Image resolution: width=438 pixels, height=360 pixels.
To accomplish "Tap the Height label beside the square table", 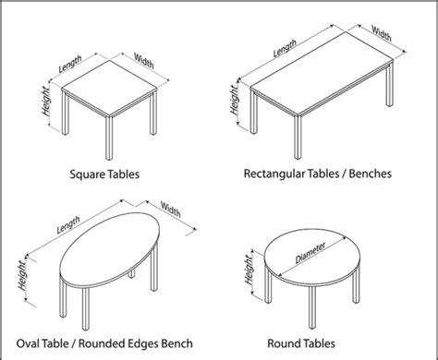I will pos(44,109).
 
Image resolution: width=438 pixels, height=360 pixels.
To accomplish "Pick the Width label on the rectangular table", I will pos(380,31).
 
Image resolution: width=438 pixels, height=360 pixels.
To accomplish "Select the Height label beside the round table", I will pos(249,271).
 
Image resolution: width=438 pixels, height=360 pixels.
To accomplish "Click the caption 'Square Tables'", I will pos(107,173).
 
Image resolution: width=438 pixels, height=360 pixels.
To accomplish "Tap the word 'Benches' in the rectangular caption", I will pos(364,173).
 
